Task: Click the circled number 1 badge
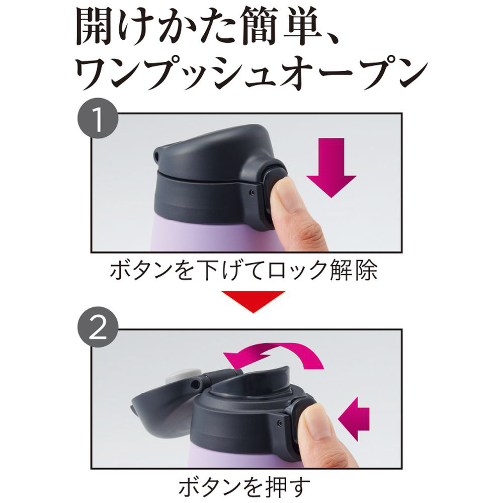click(98, 118)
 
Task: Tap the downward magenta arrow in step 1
click(331, 167)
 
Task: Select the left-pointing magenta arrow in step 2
click(354, 418)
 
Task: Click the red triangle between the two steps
click(253, 301)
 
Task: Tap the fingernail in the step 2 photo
click(315, 420)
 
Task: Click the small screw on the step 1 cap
click(252, 192)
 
